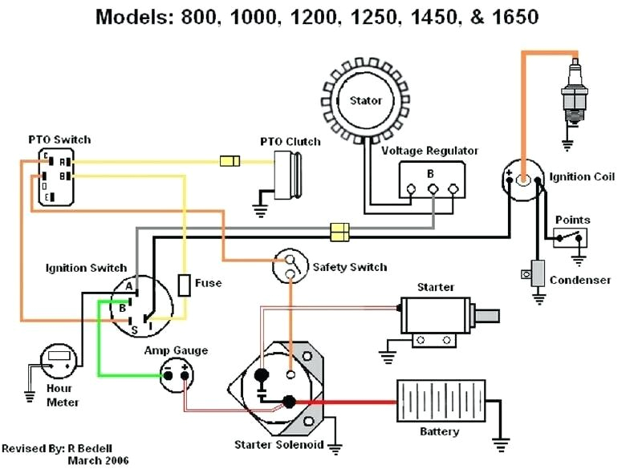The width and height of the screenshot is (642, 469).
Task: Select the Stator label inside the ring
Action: click(x=366, y=100)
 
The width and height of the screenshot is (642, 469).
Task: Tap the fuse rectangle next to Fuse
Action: click(x=185, y=285)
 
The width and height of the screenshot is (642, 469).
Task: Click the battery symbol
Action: click(x=441, y=401)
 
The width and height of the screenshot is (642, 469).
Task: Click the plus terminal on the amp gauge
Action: click(x=185, y=374)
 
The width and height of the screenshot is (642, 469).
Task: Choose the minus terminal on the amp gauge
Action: click(x=168, y=375)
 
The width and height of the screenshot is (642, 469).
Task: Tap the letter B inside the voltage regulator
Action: click(x=430, y=174)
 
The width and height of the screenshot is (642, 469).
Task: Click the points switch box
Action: click(x=570, y=237)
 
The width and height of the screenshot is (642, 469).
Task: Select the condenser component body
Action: click(x=538, y=273)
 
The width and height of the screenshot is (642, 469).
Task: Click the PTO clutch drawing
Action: click(x=287, y=175)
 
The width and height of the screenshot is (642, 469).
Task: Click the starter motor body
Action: click(x=436, y=315)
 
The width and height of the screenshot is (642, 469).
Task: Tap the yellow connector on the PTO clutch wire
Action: click(x=230, y=161)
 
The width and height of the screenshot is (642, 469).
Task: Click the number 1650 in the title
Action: click(x=515, y=17)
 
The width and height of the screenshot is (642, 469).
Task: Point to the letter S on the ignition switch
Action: click(x=134, y=330)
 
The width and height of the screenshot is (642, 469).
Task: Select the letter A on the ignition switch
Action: click(x=129, y=286)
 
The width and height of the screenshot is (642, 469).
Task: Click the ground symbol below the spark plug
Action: click(x=567, y=145)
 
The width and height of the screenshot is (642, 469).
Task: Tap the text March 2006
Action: click(x=98, y=460)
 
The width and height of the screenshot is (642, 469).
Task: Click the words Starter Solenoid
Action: click(x=278, y=444)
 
